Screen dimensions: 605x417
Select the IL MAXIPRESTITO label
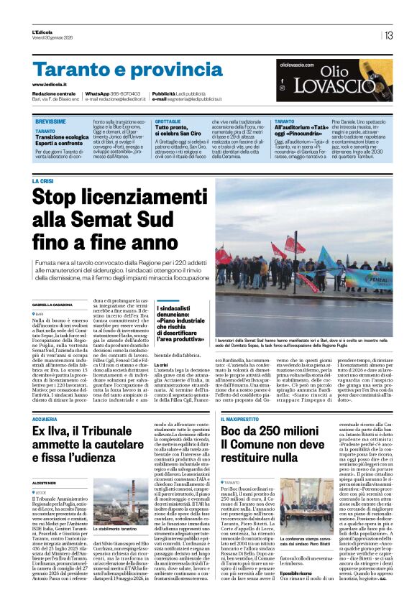[242, 418]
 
